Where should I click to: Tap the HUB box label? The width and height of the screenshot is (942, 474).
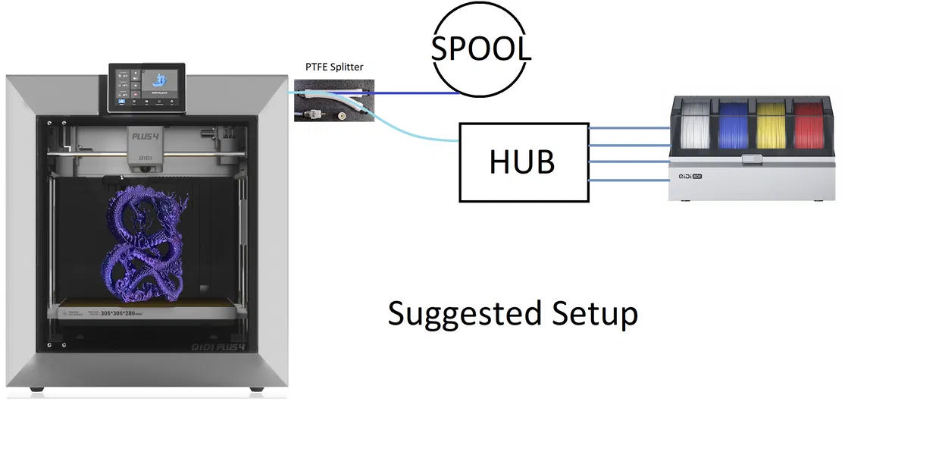522,162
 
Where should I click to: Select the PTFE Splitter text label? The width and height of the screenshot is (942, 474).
334,67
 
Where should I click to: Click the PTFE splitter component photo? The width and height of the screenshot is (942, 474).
333,104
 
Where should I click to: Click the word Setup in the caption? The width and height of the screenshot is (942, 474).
594,313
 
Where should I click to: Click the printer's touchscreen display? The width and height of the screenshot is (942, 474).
147,86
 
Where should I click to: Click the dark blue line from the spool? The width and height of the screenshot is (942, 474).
417,93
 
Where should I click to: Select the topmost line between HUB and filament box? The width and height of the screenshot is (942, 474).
629,128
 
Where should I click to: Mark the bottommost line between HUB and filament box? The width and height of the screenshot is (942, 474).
629,180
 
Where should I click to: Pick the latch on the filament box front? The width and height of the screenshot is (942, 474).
752,159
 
